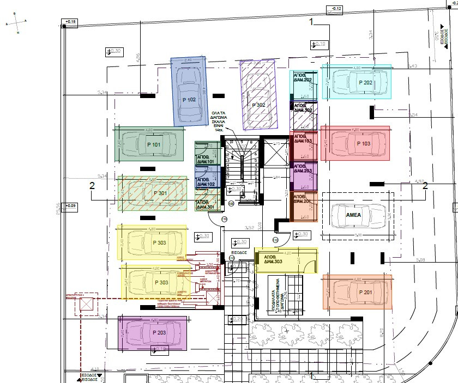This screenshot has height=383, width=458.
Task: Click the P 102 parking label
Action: (189, 100)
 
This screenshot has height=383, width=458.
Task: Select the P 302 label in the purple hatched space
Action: (258, 105)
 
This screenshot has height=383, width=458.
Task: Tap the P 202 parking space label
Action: (365, 83)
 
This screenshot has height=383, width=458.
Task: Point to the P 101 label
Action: (154, 145)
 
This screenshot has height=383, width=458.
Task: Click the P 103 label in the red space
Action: (363, 143)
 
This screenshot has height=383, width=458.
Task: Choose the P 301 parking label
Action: (160, 193)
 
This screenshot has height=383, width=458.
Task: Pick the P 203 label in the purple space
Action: (160, 332)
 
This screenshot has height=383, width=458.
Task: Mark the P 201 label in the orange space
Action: (365, 293)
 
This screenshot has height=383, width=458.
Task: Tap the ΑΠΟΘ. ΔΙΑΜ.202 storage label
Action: (303, 78)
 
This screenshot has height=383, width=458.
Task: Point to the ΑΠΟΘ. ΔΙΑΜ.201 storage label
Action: (303, 199)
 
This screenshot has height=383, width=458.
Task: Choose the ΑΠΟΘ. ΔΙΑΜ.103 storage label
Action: (303, 138)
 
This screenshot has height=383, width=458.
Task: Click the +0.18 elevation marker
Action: (70, 22)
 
